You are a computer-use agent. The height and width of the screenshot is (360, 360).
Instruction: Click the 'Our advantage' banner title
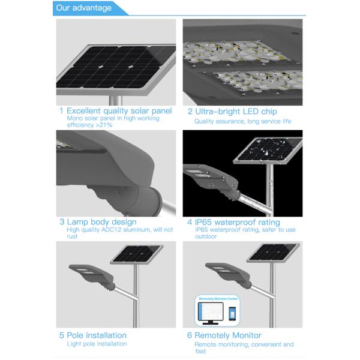tap(83, 8)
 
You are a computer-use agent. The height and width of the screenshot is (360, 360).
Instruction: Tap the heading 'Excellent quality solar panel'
tap(119, 110)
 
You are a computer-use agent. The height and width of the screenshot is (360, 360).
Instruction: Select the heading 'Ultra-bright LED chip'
tap(236, 112)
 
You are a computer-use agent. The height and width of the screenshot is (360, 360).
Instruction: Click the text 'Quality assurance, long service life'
tap(242, 121)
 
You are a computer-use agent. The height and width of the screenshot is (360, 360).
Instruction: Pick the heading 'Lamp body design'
tap(102, 222)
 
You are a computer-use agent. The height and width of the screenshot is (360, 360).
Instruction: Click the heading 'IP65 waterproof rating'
tap(238, 222)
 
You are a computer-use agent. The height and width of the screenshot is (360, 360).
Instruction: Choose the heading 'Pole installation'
tap(97, 335)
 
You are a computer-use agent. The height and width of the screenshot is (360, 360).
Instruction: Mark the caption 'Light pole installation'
tap(97, 344)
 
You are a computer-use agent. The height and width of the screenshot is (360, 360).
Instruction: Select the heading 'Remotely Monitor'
tap(228, 335)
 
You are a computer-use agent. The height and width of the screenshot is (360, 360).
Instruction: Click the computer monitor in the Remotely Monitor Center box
tap(211, 313)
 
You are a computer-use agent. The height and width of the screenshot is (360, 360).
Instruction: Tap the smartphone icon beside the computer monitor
tap(232, 314)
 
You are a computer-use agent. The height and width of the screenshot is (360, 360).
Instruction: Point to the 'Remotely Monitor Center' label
tap(218, 299)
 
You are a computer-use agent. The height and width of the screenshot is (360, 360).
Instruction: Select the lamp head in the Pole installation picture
tap(92, 276)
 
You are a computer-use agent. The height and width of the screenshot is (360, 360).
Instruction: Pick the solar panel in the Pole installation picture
tap(137, 254)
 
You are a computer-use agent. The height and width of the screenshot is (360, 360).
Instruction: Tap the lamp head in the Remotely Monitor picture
tap(228, 275)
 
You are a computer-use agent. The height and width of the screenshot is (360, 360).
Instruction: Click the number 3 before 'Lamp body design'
tap(62, 222)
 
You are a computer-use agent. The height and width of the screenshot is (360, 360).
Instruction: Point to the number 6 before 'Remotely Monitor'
tap(190, 335)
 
